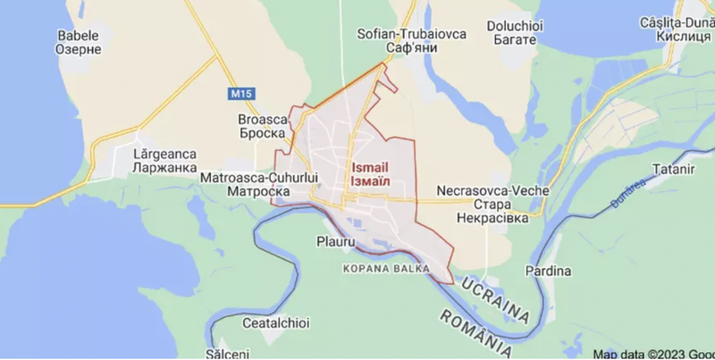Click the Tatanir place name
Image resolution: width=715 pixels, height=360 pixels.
click(x=672, y=169)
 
